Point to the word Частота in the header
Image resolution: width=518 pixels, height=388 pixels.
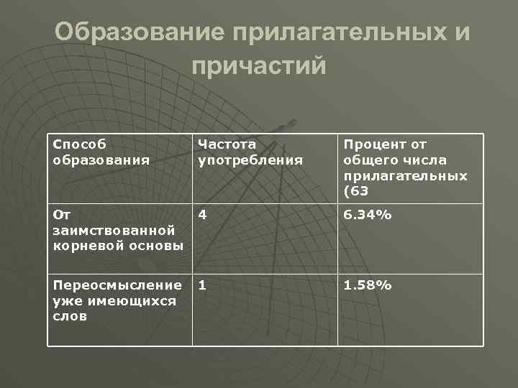[x=227, y=144]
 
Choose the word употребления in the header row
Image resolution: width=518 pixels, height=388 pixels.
[x=250, y=160]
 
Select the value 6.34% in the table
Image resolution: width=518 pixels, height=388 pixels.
[x=367, y=213]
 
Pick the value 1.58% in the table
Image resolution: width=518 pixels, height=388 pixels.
[x=367, y=286]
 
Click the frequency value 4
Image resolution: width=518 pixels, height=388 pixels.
[x=202, y=213]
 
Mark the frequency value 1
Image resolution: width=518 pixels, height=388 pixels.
[x=202, y=286]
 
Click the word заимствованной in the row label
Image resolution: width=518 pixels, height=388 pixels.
[x=114, y=230]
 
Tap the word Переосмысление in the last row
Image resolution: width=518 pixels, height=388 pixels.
[x=117, y=286]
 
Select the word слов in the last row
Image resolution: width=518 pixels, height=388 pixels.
[x=70, y=316]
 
